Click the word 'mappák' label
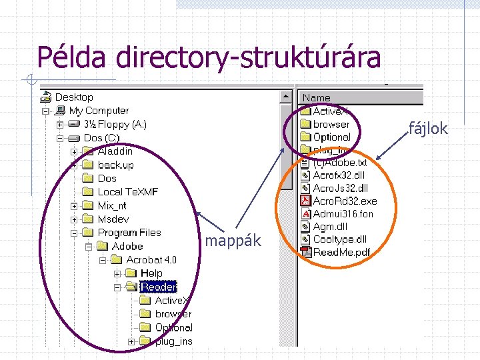(x=233, y=241)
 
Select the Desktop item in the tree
(x=74, y=97)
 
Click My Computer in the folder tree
(x=99, y=111)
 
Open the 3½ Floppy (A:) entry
(x=115, y=125)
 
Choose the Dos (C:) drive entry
(x=101, y=138)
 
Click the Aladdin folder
(x=115, y=151)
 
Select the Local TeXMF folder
(x=127, y=192)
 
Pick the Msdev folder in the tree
(x=113, y=219)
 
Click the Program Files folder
(x=129, y=233)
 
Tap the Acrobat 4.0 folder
(x=151, y=260)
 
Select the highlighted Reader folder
(x=158, y=287)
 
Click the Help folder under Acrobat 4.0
(x=151, y=273)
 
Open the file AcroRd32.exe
(x=344, y=201)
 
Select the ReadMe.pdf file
(x=341, y=252)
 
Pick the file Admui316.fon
(x=343, y=214)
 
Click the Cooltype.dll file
(x=339, y=239)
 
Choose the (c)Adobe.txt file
(x=339, y=162)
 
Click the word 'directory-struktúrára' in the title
(x=248, y=57)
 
